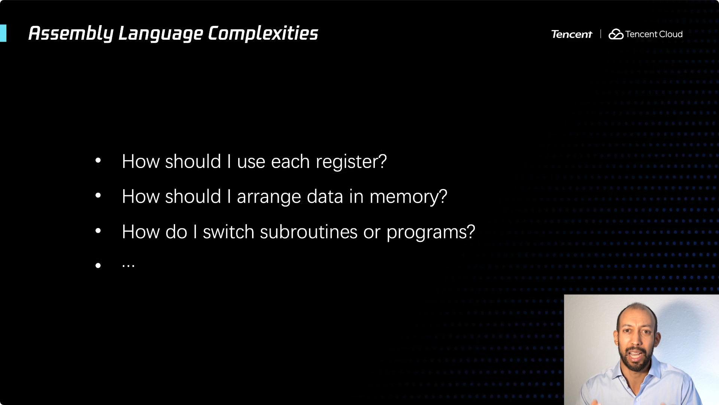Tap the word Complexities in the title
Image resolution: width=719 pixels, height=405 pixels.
(263, 33)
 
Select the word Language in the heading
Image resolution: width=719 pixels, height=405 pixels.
(161, 34)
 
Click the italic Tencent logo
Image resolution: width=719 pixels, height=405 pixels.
(571, 34)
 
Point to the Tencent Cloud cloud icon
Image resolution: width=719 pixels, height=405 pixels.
(616, 34)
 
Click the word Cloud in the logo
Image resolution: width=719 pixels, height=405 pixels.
(671, 34)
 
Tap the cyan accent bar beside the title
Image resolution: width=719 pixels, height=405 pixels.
(3, 33)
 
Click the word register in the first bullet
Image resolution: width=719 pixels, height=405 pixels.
(351, 162)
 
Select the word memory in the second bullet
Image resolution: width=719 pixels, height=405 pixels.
(408, 197)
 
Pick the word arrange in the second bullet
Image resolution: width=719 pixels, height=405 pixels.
(269, 197)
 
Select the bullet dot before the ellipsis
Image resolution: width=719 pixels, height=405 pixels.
(98, 265)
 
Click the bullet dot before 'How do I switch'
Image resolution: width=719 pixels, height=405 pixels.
(98, 231)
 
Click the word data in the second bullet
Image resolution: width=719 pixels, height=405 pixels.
(325, 196)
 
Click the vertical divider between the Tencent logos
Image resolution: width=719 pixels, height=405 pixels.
(601, 34)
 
